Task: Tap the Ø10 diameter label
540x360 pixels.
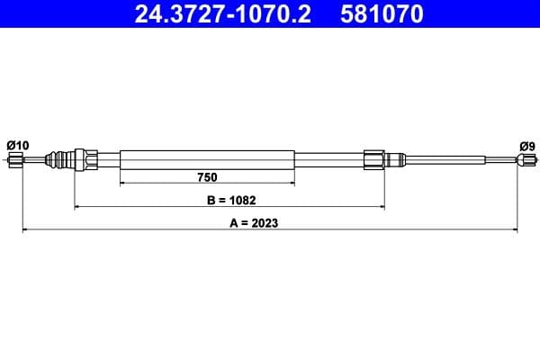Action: [x=17, y=145]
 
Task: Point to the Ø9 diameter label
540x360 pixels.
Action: [x=526, y=145]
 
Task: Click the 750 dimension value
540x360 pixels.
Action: [x=208, y=176]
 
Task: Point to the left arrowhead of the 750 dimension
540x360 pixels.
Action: [x=122, y=184]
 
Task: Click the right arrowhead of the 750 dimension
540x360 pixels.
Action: [x=292, y=184]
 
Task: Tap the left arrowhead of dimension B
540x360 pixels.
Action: [x=77, y=207]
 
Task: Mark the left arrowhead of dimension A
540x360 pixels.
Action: [x=24, y=231]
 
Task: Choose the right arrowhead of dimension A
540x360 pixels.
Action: [x=515, y=231]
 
